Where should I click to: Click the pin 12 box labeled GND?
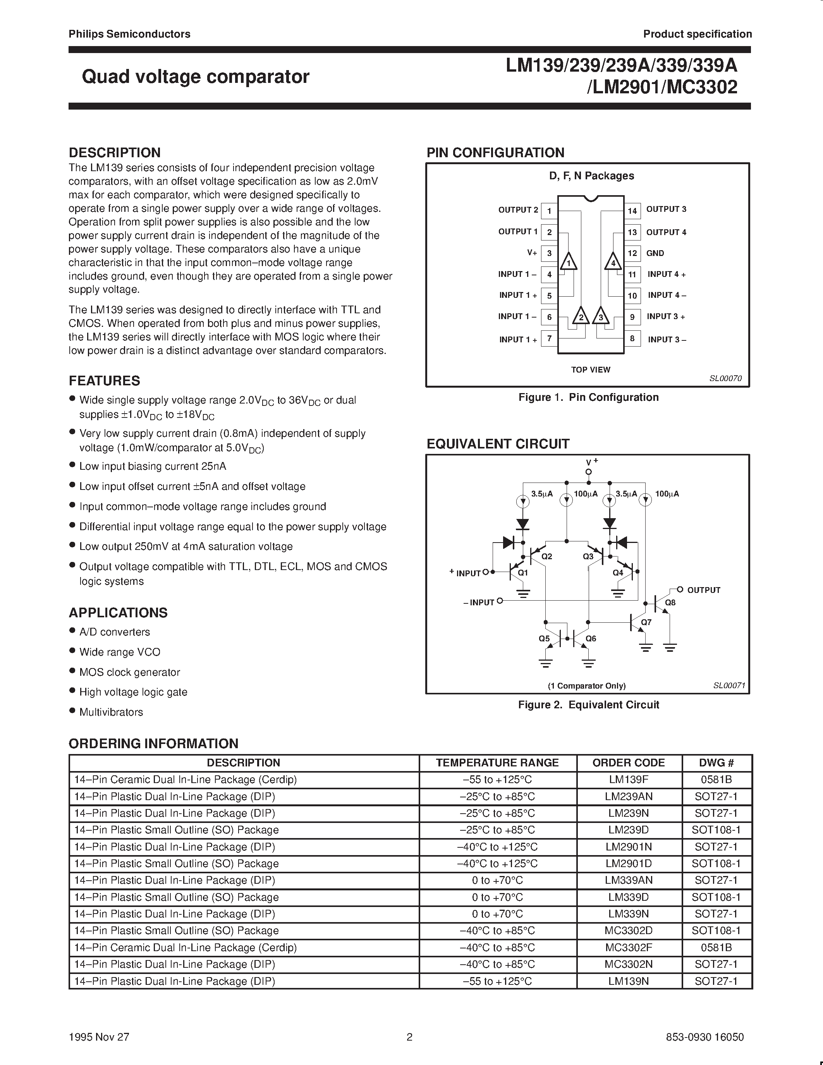pos(632,253)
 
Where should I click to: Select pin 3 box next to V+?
pos(550,253)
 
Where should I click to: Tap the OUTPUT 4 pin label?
pos(666,232)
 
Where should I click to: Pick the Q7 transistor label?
pos(646,622)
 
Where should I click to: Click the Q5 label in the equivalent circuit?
pos(544,638)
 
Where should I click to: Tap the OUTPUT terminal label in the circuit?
pos(704,590)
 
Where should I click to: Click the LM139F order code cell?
pos(629,779)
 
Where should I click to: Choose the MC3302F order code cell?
pos(629,948)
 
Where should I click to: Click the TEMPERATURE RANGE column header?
pos(497,763)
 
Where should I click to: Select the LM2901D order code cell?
pos(629,863)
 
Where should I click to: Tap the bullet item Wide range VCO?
pos(119,652)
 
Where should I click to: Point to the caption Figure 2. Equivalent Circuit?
pos(588,704)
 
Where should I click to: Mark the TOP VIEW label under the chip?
pos(591,369)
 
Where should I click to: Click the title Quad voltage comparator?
pos(196,77)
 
